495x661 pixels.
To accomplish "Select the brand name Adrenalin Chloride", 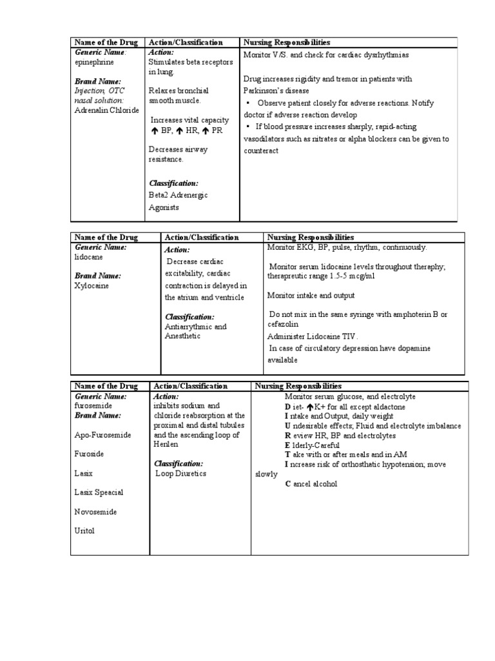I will coord(106,110).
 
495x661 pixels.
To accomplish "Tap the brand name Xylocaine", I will coord(92,285).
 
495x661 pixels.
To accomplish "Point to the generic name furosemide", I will coord(93,405).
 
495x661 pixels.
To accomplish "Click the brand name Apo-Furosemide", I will coord(102,435).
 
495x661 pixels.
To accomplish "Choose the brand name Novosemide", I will coord(97,511).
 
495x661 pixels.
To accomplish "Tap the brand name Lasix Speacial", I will coord(99,493).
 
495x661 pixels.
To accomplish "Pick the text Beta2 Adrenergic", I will coord(178,194).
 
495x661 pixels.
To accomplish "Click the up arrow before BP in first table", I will coord(154,131).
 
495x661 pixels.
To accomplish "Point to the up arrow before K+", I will coord(310,407).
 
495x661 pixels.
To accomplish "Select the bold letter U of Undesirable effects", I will coord(287,426).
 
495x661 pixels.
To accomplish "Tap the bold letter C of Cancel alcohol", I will coord(288,484).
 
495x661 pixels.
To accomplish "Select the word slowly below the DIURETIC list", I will coord(267,474).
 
